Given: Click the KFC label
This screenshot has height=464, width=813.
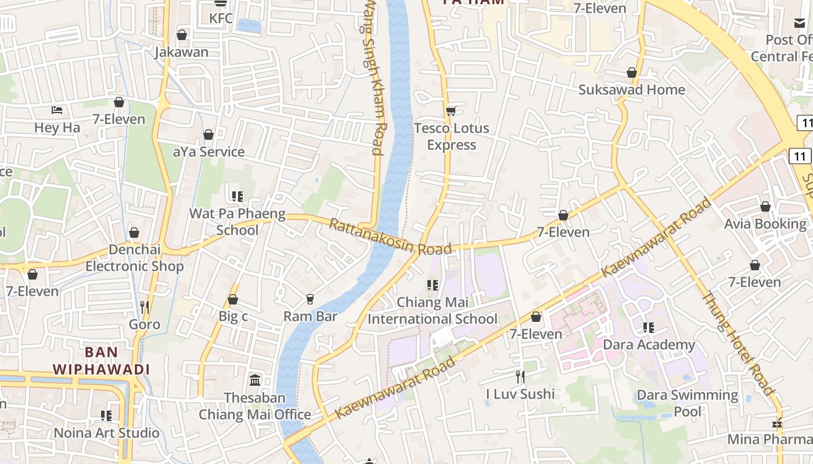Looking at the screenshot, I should tap(221, 19).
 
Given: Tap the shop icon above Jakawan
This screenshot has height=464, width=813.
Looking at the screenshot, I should tap(182, 35).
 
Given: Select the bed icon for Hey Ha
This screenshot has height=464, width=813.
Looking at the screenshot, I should tap(57, 110).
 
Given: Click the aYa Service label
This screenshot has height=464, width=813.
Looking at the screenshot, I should tap(208, 152).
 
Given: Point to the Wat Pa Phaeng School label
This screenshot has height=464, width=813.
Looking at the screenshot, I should tap(238, 222).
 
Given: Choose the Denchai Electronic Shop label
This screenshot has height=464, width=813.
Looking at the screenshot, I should tap(134, 258).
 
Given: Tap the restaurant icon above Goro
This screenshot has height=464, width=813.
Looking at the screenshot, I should tap(145, 306).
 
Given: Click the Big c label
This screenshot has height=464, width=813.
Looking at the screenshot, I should tap(233, 317).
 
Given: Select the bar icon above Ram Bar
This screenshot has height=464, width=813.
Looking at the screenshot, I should tap(310, 299).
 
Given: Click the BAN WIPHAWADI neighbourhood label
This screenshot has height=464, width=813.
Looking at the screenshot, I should tap(101, 361).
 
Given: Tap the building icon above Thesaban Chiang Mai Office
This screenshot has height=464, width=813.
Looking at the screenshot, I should tap(255, 380).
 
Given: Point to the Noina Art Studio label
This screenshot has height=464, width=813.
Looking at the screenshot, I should tap(106, 433).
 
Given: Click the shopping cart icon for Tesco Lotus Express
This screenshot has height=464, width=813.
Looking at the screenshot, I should tap(451, 111).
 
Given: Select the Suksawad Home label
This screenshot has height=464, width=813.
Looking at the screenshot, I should tap(631, 90).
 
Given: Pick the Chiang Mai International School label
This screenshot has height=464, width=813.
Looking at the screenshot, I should tap(433, 311).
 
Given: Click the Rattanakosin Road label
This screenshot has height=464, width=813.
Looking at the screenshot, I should tap(390, 237).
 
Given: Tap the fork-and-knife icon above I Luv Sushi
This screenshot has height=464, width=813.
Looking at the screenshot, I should tap(520, 377).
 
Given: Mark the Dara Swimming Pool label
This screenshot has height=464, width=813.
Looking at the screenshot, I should tap(688, 404).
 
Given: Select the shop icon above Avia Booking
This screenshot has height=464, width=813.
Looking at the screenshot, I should tap(765, 207).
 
